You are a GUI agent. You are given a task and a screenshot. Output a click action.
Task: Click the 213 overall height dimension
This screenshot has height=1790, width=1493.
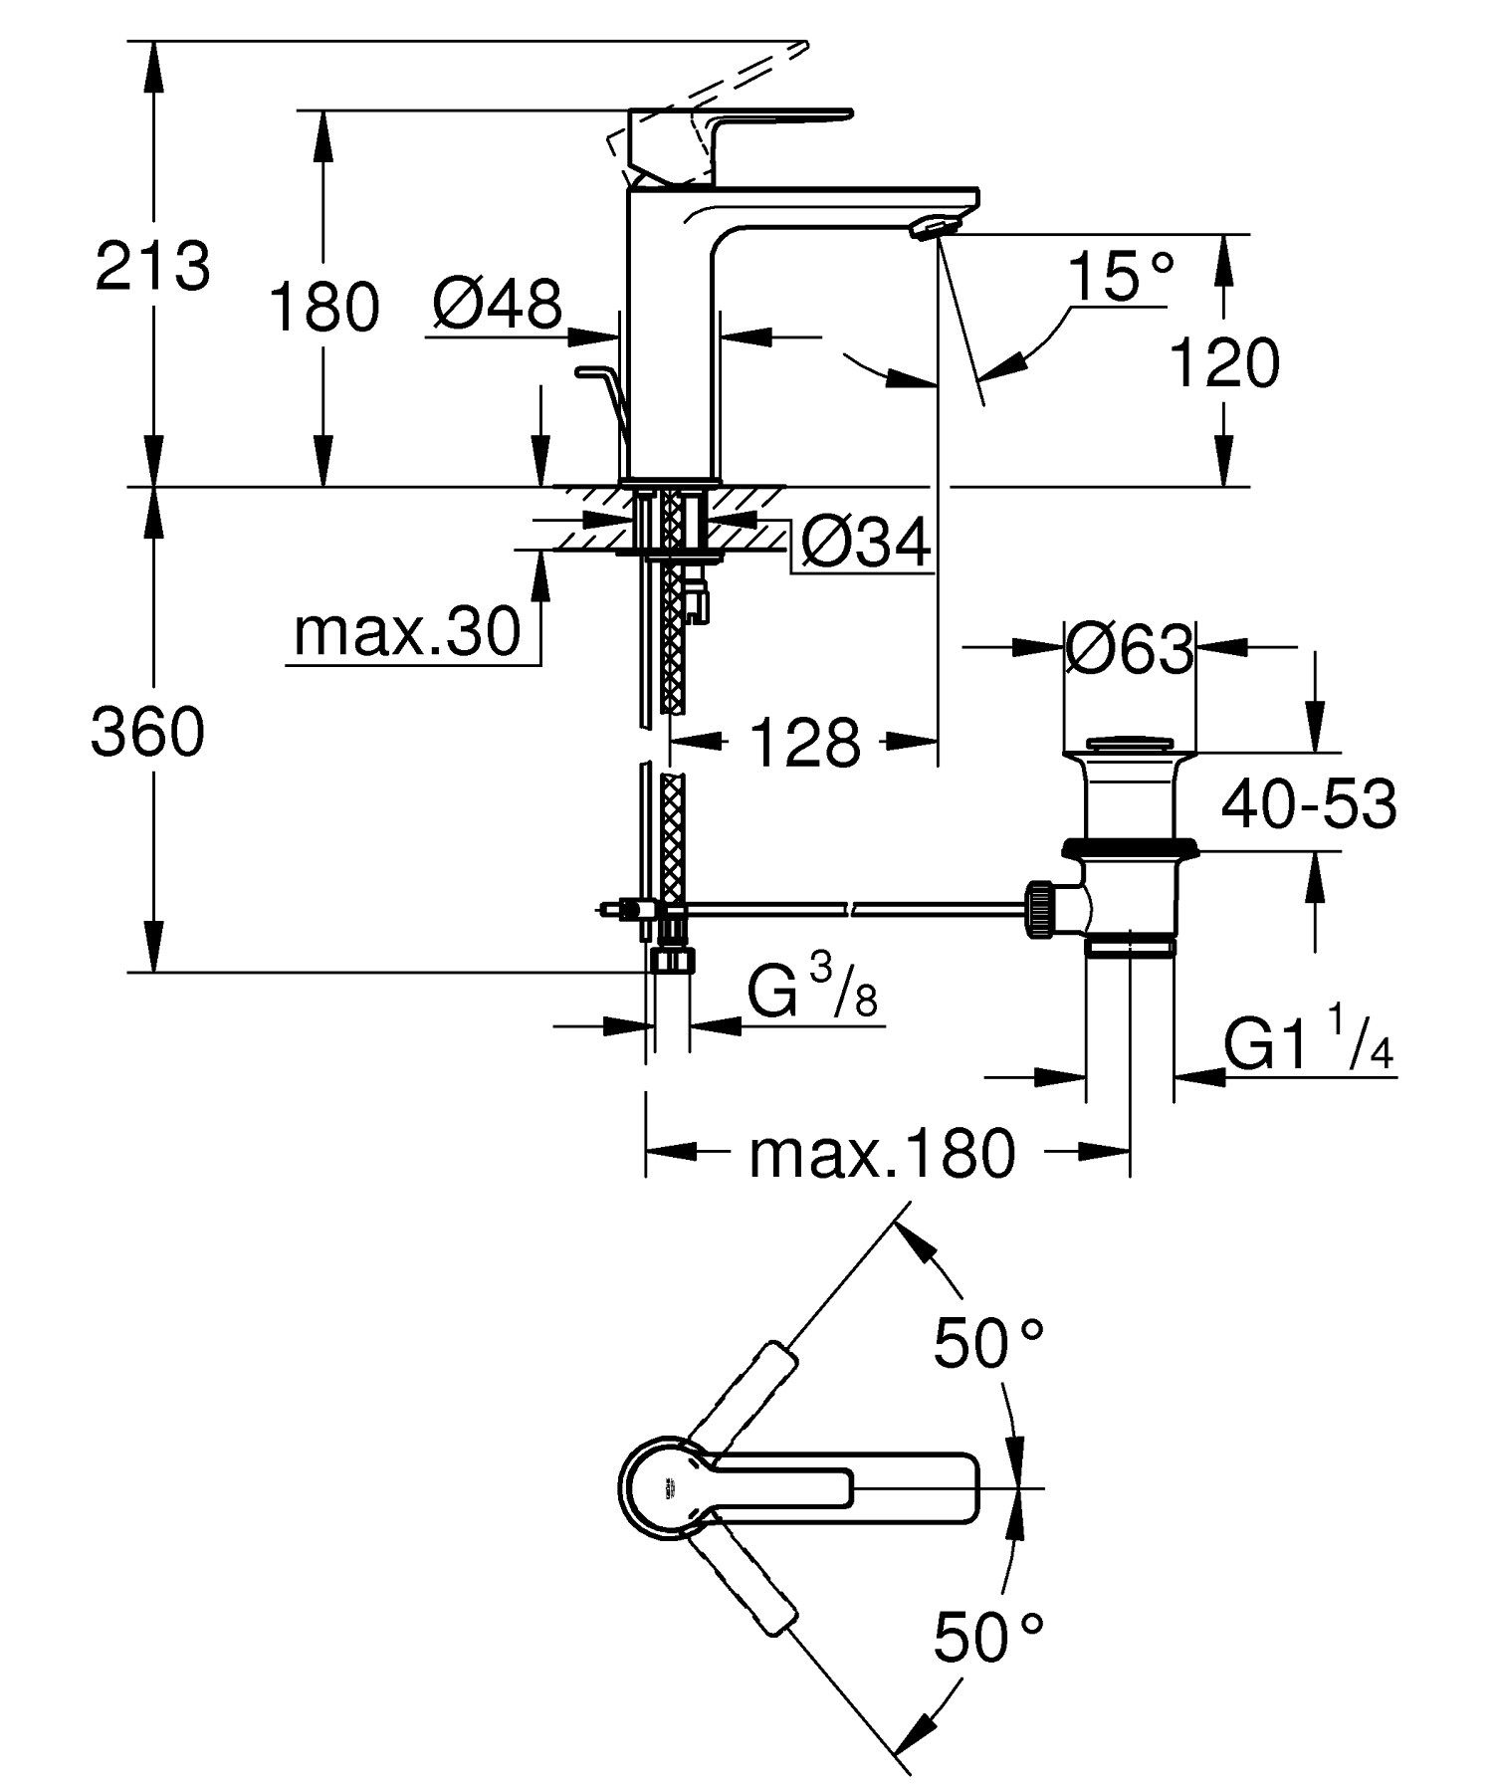(152, 267)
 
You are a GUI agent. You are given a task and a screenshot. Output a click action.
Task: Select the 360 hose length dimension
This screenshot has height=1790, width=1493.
(147, 734)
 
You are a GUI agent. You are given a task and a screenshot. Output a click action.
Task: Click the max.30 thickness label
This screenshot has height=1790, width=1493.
(407, 631)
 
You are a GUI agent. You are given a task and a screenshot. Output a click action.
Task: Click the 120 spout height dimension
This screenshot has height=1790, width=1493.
(1223, 363)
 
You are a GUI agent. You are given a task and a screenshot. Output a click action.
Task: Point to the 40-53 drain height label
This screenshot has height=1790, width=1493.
(1308, 804)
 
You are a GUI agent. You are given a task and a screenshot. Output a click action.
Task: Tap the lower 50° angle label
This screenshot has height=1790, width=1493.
(987, 1639)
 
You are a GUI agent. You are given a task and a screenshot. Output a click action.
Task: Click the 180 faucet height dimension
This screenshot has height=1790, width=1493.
(324, 307)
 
